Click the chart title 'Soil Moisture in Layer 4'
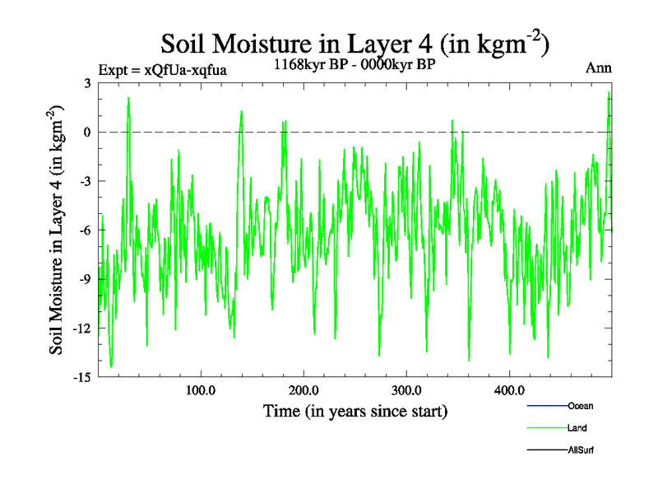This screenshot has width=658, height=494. [354, 43]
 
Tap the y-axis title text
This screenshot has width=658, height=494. [57, 230]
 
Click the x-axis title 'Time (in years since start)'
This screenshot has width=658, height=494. [355, 410]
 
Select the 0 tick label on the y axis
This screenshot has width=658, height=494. [86, 132]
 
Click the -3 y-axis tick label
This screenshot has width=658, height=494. [84, 181]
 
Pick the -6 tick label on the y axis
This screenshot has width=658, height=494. [84, 230]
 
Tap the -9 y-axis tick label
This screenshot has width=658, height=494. [84, 279]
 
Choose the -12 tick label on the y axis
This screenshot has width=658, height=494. [81, 328]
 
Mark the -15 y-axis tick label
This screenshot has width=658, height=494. [81, 377]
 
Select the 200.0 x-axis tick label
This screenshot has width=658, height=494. [304, 390]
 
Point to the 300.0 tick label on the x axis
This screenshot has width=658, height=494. [406, 390]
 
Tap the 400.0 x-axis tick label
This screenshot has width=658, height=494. [509, 390]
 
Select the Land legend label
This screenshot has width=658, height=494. [577, 428]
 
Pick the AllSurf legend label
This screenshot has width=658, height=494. [581, 450]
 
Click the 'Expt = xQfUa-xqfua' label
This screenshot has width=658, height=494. [162, 70]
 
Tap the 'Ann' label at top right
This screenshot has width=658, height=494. [598, 68]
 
